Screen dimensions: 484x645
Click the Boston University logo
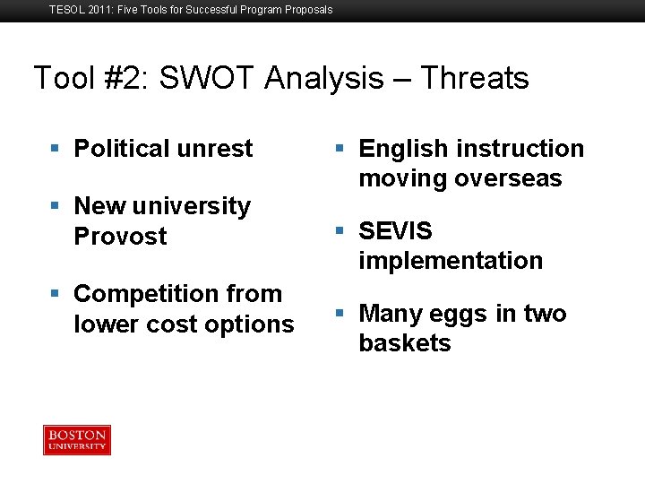click(x=77, y=440)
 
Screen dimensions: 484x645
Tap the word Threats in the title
click(x=474, y=79)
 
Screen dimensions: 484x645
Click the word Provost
click(x=120, y=237)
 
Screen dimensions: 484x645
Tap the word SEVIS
click(x=395, y=231)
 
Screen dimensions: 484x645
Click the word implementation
click(x=451, y=261)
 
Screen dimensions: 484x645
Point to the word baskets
click(x=405, y=343)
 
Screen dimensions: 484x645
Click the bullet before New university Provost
click(x=56, y=206)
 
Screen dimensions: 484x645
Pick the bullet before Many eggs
click(x=340, y=314)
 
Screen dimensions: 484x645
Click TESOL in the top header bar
click(x=66, y=10)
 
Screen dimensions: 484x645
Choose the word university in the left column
click(x=192, y=207)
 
